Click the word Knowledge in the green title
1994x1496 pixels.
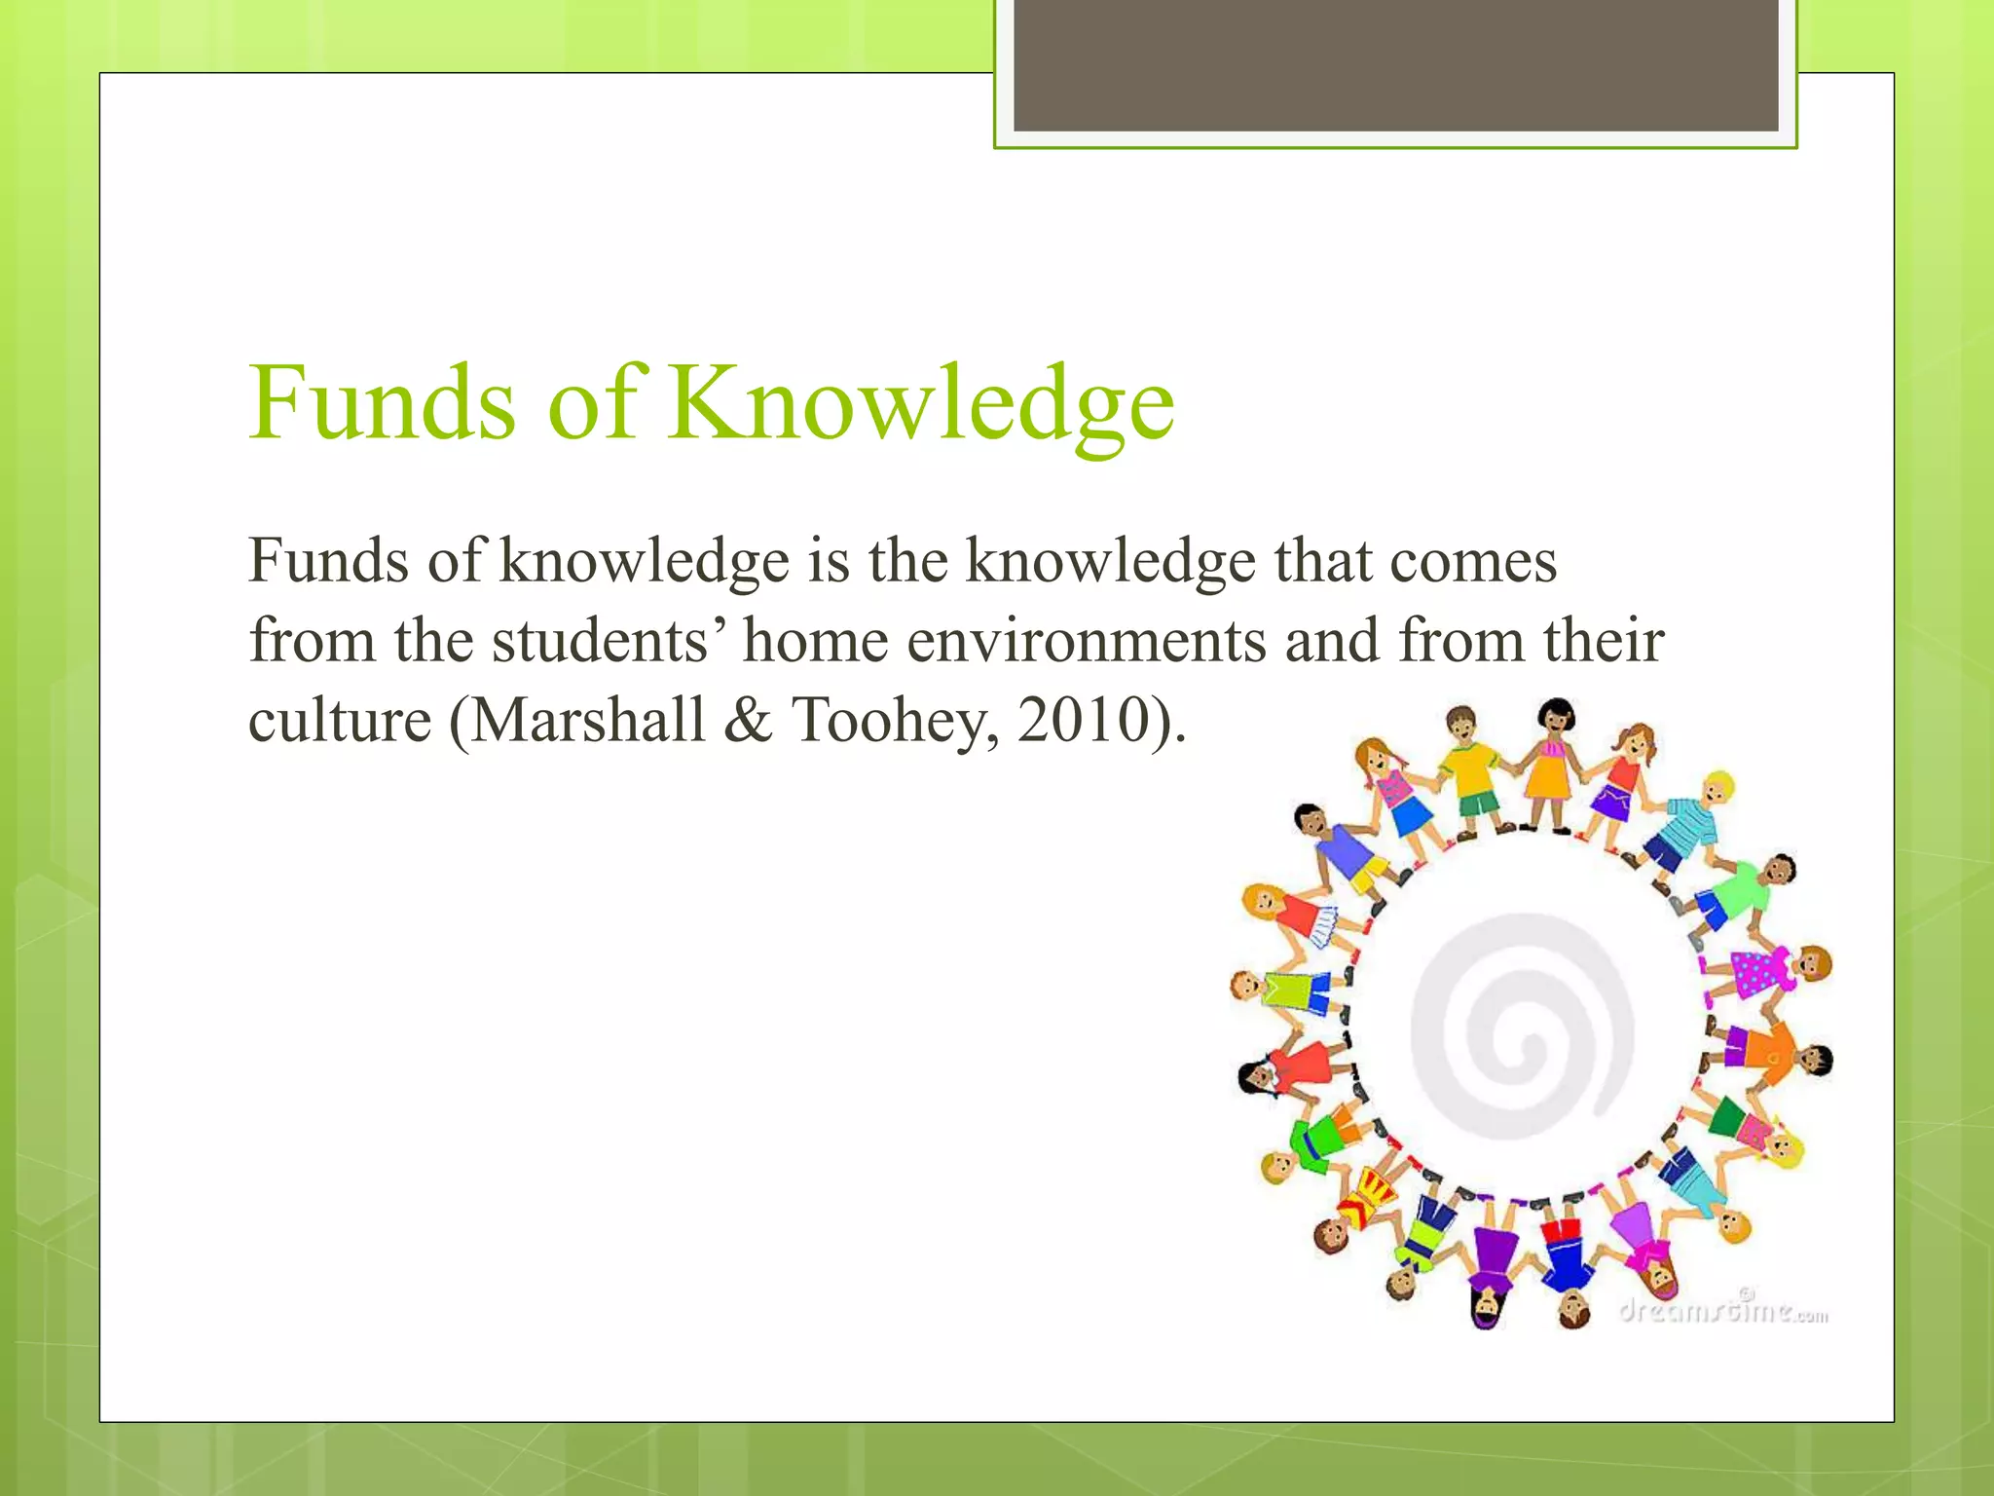921,404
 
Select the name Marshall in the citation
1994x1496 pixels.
588,721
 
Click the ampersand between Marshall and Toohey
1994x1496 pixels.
748,721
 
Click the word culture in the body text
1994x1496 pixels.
340,721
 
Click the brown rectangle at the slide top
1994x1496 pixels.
1395,65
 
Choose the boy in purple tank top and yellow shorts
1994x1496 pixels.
1342,847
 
